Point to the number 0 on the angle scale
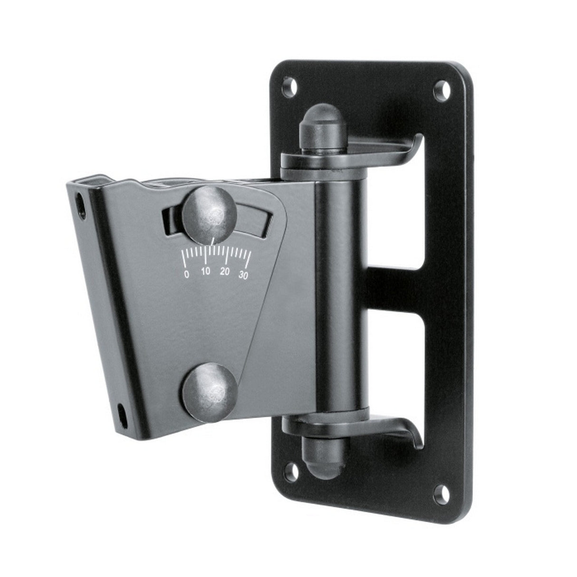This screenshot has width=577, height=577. pos(186,274)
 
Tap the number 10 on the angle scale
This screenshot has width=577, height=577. pos(205,272)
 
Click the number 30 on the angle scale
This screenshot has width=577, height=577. pos(243,275)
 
